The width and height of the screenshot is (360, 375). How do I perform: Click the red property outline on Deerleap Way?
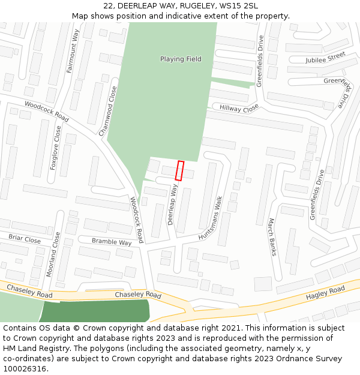pos(179,170)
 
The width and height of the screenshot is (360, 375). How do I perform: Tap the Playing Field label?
pos(181,59)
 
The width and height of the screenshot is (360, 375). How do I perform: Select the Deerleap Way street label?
pos(173,205)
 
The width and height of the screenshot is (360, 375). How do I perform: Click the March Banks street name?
pos(271,237)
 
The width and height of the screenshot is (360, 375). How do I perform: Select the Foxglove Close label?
pos(56,148)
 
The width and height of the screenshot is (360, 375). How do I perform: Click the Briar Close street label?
pos(25,239)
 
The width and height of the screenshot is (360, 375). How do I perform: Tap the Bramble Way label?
pos(112,242)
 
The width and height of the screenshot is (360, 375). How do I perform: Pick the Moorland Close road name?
pos(53,254)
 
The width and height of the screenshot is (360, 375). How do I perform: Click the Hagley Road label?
pos(325,293)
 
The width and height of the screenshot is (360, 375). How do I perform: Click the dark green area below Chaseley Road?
pos(96,311)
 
